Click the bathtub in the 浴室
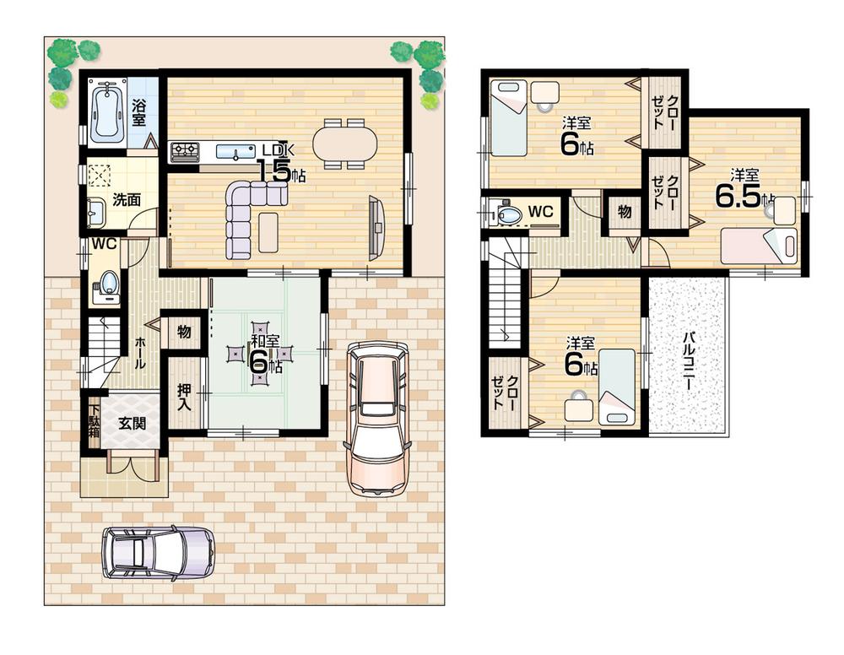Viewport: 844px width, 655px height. tap(106, 113)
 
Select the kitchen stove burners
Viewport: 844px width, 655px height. tap(185, 152)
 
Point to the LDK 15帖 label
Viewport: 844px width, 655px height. tap(279, 163)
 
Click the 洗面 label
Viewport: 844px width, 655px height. tap(127, 200)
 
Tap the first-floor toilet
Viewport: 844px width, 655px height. tap(107, 284)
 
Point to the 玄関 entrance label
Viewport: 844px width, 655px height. tap(132, 423)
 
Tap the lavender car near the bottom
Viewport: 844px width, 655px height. tap(158, 553)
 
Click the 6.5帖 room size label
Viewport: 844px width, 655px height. tap(743, 194)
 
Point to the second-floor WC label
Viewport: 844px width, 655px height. tap(540, 212)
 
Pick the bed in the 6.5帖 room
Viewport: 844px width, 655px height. tap(759, 246)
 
